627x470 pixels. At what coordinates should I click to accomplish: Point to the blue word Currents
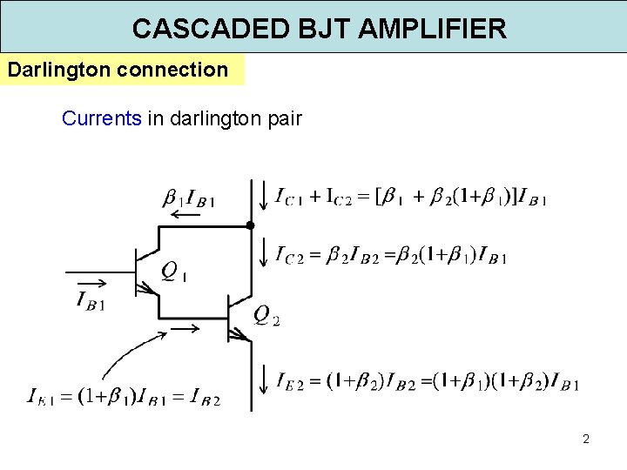(101, 117)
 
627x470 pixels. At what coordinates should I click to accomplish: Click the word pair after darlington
(282, 117)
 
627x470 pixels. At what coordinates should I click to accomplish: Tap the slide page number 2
(586, 439)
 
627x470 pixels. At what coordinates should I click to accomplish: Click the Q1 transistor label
(175, 272)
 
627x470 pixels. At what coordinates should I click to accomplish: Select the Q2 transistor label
(266, 315)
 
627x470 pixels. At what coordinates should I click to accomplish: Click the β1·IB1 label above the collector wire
(189, 199)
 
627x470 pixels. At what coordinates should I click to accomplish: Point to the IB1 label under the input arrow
(91, 301)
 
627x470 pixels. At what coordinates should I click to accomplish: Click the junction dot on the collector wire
(250, 225)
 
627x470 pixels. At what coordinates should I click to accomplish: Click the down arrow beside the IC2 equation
(264, 252)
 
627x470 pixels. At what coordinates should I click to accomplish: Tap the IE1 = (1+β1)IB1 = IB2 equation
(124, 398)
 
